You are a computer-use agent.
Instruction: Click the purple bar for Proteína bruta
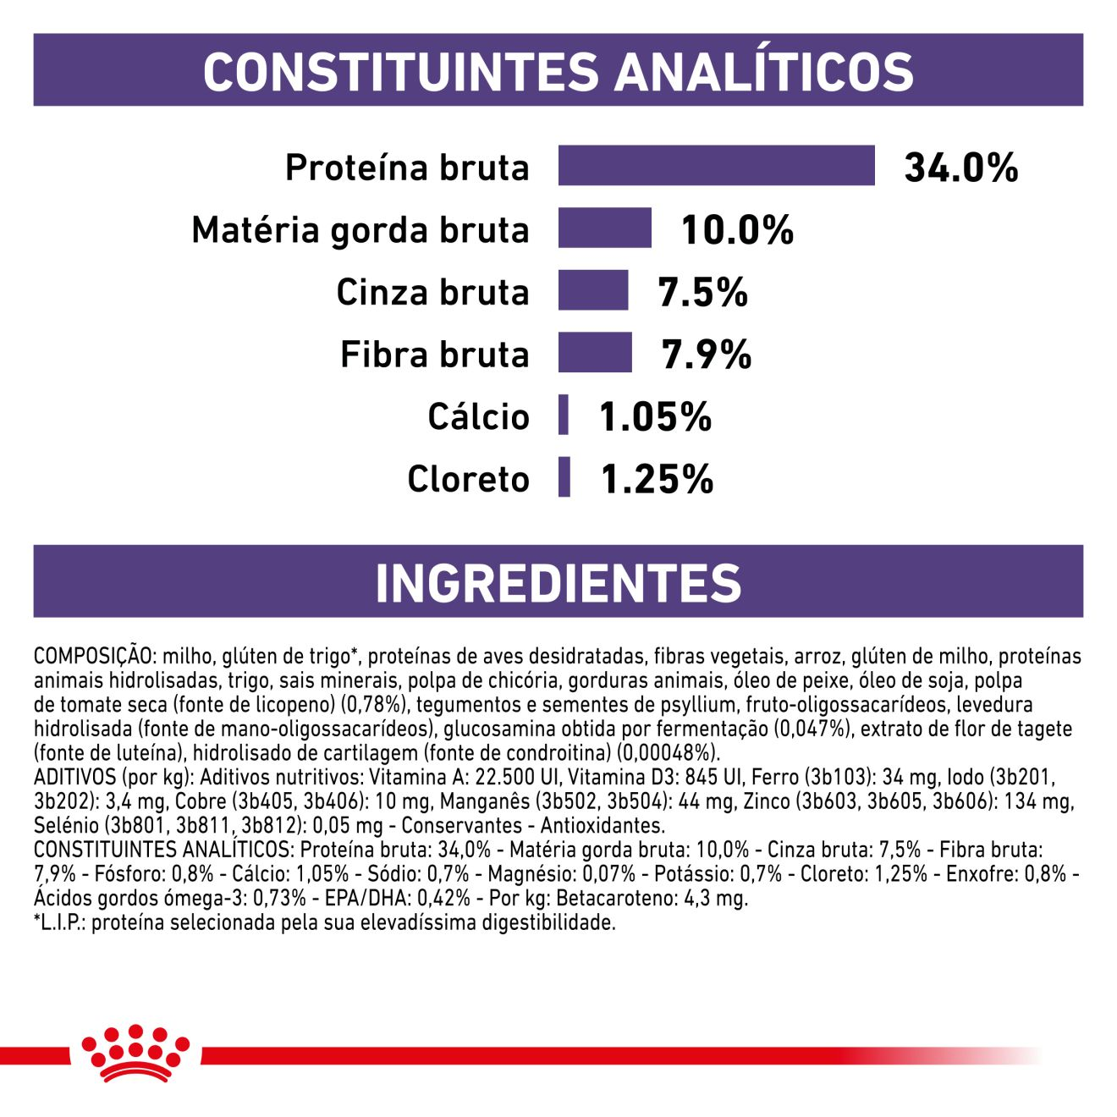[716, 166]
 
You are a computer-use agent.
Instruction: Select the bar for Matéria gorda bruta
[604, 228]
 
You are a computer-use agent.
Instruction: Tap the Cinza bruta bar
[592, 291]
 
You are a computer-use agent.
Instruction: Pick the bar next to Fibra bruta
[594, 353]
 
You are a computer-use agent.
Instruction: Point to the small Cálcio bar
[564, 415]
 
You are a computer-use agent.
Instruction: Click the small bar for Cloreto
[564, 477]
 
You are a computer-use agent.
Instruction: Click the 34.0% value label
[961, 168]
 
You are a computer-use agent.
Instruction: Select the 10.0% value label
[737, 230]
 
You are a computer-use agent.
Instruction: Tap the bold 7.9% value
[706, 355]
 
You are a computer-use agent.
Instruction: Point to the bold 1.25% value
[657, 479]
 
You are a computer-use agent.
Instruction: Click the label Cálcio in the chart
[478, 416]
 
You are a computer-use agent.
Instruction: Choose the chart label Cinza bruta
[432, 292]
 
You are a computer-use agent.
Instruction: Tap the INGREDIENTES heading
[558, 583]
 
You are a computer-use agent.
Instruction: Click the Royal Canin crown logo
[135, 1053]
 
